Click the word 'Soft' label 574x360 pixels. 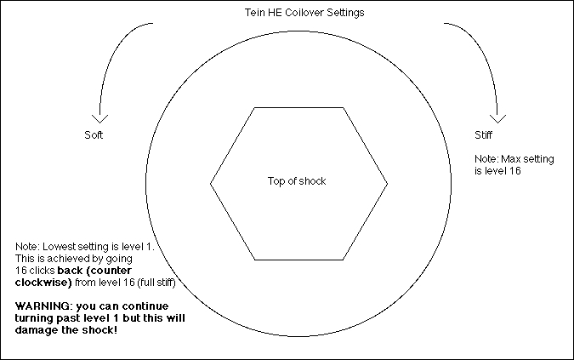(x=94, y=135)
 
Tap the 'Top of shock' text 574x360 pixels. (x=297, y=181)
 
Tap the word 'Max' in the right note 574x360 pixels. (x=510, y=158)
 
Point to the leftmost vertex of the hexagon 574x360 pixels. (x=211, y=182)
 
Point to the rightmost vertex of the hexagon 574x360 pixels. (x=388, y=182)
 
